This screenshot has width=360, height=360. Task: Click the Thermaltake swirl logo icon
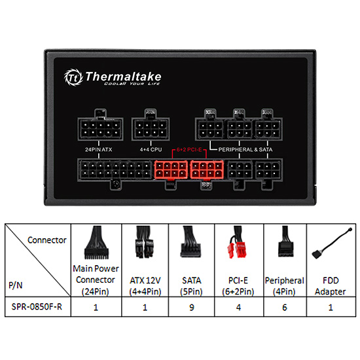[x=73, y=77]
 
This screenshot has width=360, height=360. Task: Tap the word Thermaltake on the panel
[x=123, y=77]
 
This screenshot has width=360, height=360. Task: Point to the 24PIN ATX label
[x=98, y=149]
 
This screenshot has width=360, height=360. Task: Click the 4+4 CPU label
[x=151, y=149]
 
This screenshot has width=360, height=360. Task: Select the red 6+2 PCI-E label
[x=189, y=150]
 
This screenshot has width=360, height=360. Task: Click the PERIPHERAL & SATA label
[x=245, y=149]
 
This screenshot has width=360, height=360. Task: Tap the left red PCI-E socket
[x=171, y=170]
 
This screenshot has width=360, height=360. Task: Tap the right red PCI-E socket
[x=207, y=170]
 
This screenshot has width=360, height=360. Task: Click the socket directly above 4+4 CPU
[x=151, y=128]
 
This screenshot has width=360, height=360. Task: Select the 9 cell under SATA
[x=192, y=307]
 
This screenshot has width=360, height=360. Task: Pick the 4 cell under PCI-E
[x=238, y=307]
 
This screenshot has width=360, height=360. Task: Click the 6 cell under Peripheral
[x=285, y=307]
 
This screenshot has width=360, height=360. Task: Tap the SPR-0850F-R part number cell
[x=37, y=307]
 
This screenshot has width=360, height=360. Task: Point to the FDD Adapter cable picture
[x=332, y=243]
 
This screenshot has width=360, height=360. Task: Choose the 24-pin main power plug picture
[x=96, y=243]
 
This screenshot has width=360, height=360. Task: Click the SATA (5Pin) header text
[x=192, y=286]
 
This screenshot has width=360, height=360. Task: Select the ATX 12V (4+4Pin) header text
[x=145, y=286]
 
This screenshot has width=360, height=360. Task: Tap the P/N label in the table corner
[x=16, y=285]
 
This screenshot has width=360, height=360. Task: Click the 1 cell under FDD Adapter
[x=331, y=307]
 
